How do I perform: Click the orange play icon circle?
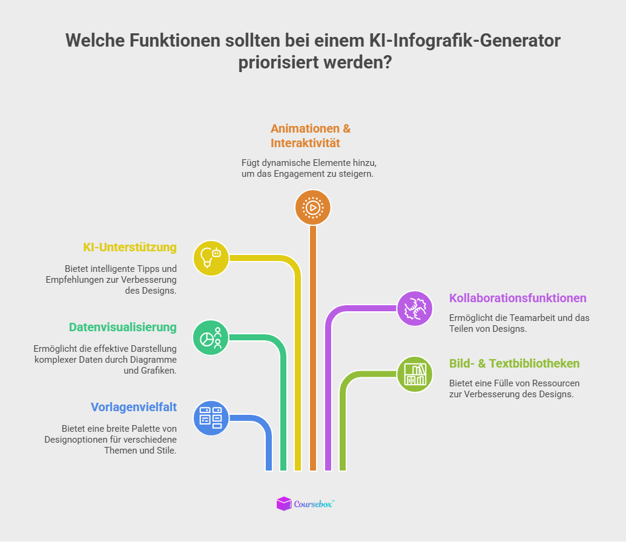tap(312, 208)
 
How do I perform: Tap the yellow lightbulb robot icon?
tap(211, 258)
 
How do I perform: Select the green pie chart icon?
tap(211, 337)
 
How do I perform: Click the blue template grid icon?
tap(211, 418)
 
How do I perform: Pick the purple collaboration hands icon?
tap(415, 308)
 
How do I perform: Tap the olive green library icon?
tap(415, 374)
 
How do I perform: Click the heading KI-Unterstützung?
tap(130, 247)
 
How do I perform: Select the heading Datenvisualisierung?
tap(122, 327)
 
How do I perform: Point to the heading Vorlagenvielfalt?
tap(134, 406)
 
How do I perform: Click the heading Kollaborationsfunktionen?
tap(518, 298)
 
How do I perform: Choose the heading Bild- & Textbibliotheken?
tap(514, 363)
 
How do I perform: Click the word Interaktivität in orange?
tap(305, 144)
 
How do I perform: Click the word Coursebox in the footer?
tap(314, 503)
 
